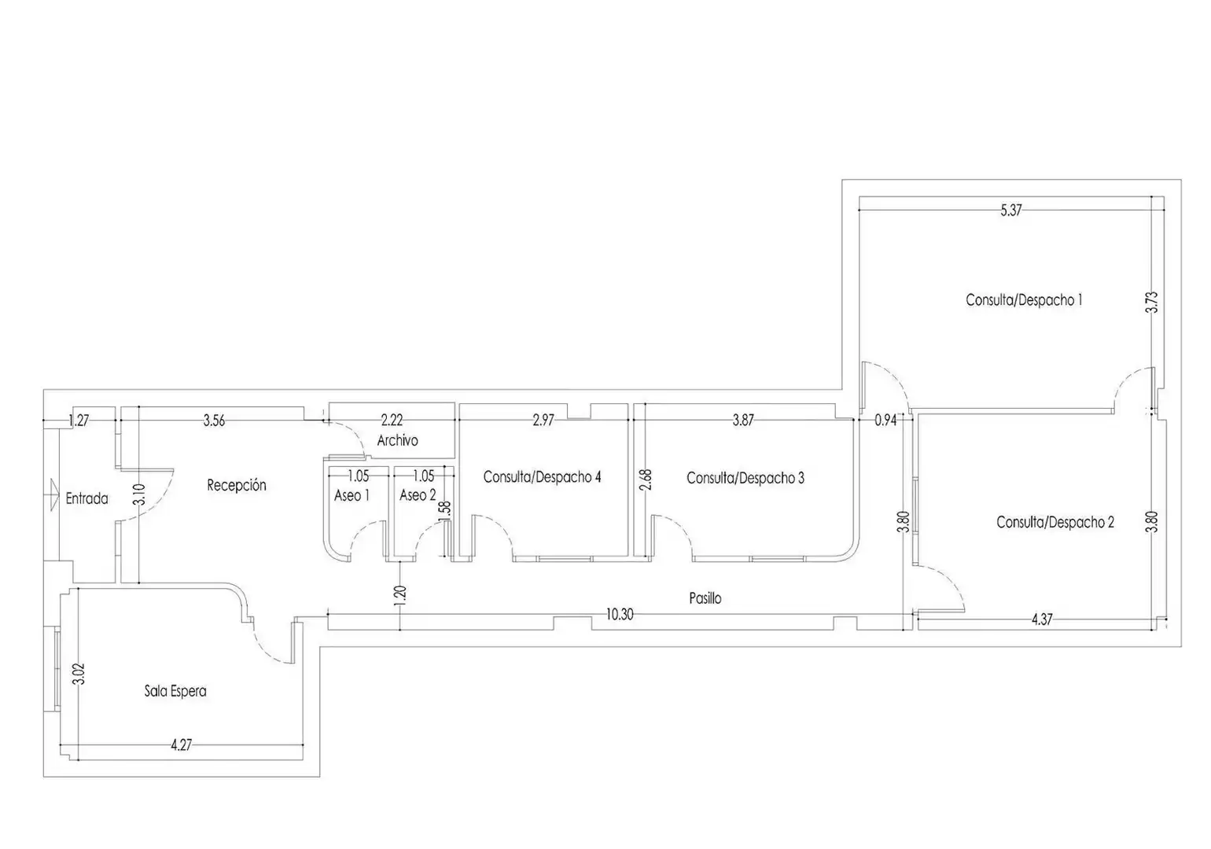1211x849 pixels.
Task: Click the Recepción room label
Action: pyautogui.click(x=237, y=485)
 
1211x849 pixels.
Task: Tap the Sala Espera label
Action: pyautogui.click(x=175, y=691)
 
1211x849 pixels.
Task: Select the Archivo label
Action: pyautogui.click(x=397, y=440)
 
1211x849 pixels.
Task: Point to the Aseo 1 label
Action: pyautogui.click(x=352, y=495)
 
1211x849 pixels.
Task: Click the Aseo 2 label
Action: pyautogui.click(x=418, y=495)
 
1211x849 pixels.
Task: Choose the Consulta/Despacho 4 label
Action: pyautogui.click(x=543, y=476)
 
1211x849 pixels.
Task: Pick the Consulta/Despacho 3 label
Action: pyautogui.click(x=745, y=478)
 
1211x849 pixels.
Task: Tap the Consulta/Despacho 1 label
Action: pyautogui.click(x=1024, y=300)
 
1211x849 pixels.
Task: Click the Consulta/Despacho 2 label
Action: pyautogui.click(x=1055, y=522)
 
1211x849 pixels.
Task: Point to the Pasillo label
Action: pyautogui.click(x=705, y=598)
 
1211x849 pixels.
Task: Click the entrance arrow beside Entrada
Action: pyautogui.click(x=53, y=494)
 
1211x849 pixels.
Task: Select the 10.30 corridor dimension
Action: pyautogui.click(x=620, y=615)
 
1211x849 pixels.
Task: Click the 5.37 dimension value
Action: pyautogui.click(x=1011, y=210)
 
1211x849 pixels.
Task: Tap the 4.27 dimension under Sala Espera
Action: pyautogui.click(x=181, y=745)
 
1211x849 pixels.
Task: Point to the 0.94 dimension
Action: pyautogui.click(x=885, y=421)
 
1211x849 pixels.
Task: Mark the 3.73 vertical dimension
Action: pyautogui.click(x=1152, y=303)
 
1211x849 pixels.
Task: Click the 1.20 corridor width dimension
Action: pyautogui.click(x=400, y=596)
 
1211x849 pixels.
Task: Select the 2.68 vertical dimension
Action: pyautogui.click(x=646, y=480)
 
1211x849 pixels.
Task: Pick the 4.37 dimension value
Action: pyautogui.click(x=1042, y=619)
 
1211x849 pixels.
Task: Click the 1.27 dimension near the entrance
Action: pyautogui.click(x=79, y=421)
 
